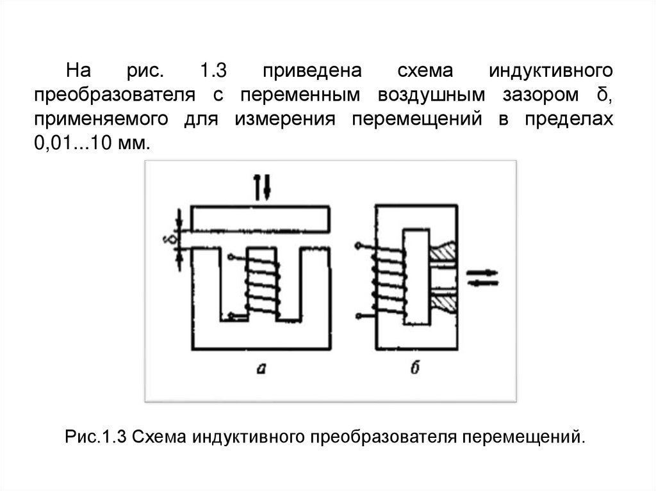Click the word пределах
570,120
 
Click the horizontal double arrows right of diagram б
480,277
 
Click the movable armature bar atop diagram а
261,219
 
